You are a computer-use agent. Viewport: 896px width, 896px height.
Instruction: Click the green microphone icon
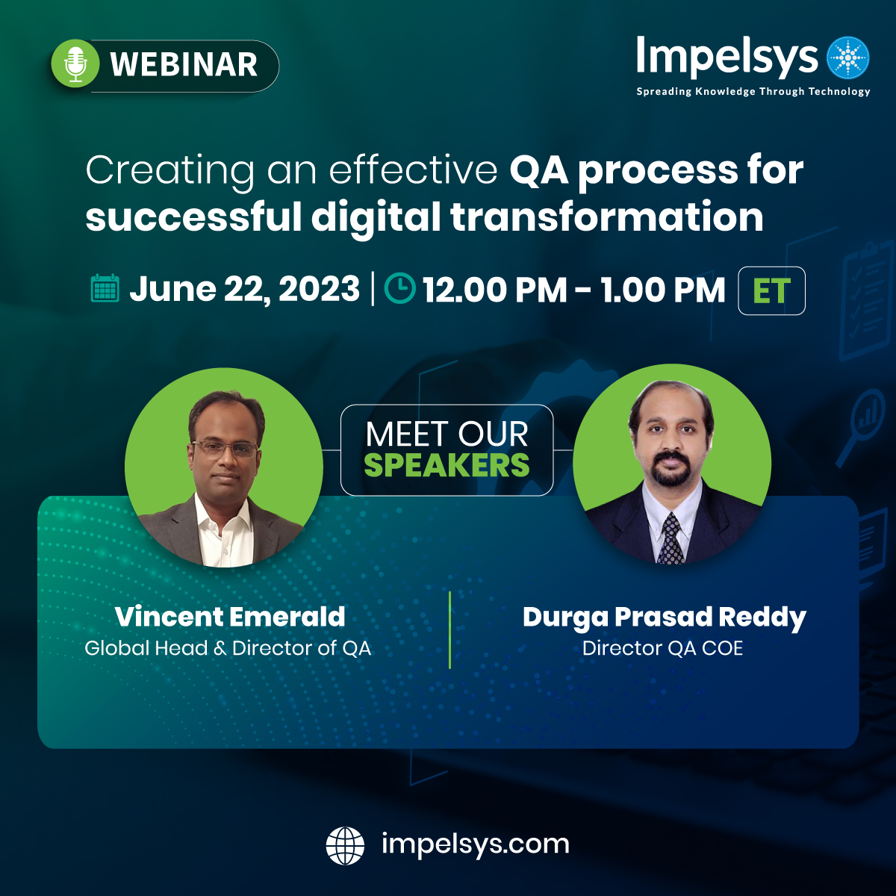[75, 64]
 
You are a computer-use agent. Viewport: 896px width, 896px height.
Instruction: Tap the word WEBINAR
[184, 65]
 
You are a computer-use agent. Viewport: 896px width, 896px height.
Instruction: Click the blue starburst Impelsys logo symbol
[849, 57]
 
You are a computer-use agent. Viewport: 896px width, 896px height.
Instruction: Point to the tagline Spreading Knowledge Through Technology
[753, 92]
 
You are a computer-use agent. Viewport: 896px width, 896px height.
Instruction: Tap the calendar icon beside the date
[105, 288]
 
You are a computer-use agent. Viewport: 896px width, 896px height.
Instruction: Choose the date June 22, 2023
[244, 289]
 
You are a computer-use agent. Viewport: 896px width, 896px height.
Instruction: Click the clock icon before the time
[399, 288]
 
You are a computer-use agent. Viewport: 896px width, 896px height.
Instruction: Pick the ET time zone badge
[771, 290]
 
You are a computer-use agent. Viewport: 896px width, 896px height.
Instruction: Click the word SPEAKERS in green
[447, 466]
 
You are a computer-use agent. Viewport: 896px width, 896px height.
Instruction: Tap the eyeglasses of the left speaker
[225, 448]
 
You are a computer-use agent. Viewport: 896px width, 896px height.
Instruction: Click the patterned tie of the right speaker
[671, 538]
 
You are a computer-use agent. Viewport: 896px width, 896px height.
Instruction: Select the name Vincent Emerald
[230, 617]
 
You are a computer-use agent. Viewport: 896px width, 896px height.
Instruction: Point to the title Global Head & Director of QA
[228, 648]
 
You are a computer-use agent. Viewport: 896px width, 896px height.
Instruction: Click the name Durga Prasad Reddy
[664, 617]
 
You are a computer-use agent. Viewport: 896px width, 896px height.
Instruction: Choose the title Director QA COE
[662, 648]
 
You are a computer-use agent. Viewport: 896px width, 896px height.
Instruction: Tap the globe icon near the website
[345, 845]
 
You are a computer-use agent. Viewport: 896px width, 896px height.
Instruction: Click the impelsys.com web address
[475, 844]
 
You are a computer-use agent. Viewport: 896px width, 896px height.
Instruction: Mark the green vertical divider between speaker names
[449, 629]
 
